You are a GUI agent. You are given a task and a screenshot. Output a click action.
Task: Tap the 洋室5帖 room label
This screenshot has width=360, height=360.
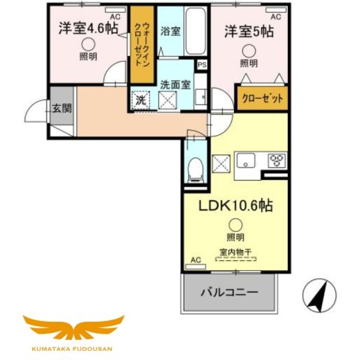pos(247,32)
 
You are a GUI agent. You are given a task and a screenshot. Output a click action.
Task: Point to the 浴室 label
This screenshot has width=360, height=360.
pos(171,31)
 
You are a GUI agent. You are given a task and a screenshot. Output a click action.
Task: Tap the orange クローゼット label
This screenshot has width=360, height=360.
pos(262,97)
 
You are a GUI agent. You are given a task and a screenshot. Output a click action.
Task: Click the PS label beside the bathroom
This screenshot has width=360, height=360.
pos(202,65)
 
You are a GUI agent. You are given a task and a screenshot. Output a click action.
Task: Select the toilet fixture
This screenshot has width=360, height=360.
pos(195,169)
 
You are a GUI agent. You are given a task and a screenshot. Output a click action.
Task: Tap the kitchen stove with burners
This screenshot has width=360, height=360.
pos(276,160)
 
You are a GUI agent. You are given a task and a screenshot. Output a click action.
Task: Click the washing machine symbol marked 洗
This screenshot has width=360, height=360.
pos(141,99)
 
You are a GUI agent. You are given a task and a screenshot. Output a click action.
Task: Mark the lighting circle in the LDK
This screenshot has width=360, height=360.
pos(235,223)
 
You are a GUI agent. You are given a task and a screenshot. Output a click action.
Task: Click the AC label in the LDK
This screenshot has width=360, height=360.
pos(195,260)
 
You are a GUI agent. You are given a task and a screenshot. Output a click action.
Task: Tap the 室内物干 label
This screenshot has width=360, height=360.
pos(235,252)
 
